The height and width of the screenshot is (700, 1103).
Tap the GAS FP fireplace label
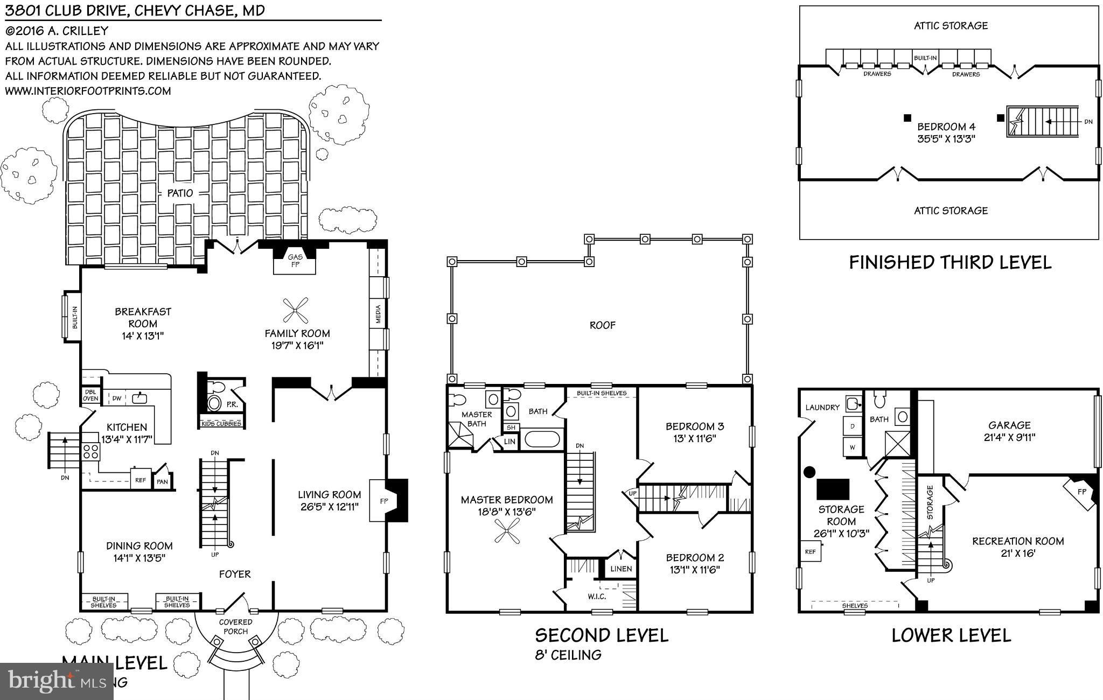(295, 261)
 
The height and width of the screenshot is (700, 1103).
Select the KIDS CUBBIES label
(221, 424)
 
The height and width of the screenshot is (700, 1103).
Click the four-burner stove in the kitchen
(90, 451)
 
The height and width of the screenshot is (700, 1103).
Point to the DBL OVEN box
(90, 395)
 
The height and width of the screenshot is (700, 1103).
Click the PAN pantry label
(162, 482)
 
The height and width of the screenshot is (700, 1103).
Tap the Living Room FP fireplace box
(383, 501)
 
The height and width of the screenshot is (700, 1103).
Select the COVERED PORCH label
(235, 627)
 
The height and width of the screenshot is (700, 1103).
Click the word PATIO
(179, 193)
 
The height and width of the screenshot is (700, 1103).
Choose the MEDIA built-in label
(378, 315)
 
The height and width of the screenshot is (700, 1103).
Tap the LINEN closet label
(621, 569)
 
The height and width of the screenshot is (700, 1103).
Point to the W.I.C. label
(597, 597)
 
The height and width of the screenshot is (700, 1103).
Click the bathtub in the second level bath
(543, 439)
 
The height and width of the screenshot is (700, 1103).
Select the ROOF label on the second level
(602, 325)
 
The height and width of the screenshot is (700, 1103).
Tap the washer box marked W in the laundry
(852, 447)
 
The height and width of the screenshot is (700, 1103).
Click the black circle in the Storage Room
(809, 472)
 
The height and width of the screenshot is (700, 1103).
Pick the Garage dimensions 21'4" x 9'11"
(1009, 437)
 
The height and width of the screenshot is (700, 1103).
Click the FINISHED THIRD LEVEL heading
(950, 263)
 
